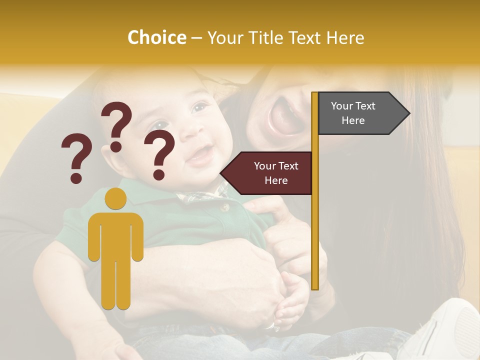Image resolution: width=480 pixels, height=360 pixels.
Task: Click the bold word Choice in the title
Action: point(156,38)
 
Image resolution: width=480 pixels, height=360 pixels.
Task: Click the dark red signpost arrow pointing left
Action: point(267,173)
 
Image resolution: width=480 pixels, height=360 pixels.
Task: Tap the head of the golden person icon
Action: point(115,198)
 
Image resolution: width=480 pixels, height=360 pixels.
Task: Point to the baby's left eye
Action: point(199,107)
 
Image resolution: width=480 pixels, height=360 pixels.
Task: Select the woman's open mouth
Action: point(283,117)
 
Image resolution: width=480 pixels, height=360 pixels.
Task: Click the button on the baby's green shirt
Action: point(224,206)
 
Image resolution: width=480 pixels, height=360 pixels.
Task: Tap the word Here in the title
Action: point(345,38)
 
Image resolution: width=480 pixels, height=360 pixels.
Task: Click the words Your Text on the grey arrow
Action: point(353,106)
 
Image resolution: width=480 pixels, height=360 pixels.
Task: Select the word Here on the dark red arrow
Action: point(276,180)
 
